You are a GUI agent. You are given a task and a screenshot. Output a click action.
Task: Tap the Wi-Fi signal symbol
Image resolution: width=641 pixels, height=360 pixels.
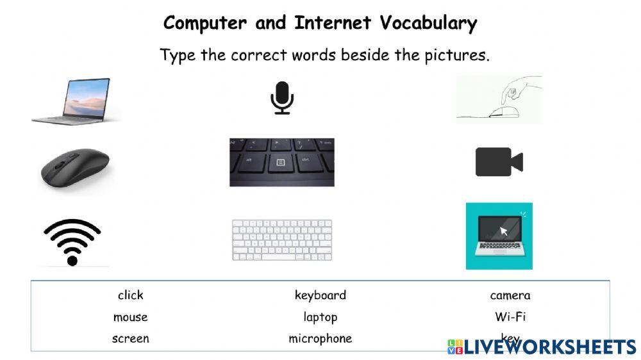click(72, 242)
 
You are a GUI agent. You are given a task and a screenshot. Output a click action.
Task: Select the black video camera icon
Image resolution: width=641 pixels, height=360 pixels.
click(499, 161)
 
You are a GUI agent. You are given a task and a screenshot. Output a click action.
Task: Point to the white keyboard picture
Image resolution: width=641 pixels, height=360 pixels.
click(281, 240)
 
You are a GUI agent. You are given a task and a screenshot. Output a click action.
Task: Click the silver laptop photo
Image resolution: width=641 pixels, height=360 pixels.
click(76, 101)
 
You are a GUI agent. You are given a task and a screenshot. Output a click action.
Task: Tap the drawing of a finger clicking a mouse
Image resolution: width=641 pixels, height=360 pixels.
click(499, 99)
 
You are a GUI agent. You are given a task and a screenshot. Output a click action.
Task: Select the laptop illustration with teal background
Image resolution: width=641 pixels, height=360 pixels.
click(499, 236)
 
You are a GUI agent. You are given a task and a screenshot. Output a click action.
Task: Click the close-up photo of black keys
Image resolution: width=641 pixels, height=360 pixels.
click(281, 162)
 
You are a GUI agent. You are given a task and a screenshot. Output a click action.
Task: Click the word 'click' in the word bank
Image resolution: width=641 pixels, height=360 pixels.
click(131, 295)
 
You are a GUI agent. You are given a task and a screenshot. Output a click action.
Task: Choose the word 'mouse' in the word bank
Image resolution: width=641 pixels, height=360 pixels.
click(130, 317)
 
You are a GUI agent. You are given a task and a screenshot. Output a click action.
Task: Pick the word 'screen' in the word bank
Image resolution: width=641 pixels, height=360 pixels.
click(130, 339)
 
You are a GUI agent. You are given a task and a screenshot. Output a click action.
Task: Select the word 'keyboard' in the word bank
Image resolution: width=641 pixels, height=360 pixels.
click(320, 295)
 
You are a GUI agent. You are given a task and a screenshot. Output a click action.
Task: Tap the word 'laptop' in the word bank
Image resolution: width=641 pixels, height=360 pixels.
click(320, 317)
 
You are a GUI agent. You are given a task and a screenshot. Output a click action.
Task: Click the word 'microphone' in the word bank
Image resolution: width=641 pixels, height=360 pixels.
click(320, 339)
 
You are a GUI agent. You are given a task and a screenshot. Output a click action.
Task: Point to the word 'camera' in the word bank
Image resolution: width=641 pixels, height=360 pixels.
click(510, 295)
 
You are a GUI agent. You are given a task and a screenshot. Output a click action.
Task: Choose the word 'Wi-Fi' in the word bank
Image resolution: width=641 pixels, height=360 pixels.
click(510, 317)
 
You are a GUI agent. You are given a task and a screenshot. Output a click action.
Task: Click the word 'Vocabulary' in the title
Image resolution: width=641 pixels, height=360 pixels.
click(428, 23)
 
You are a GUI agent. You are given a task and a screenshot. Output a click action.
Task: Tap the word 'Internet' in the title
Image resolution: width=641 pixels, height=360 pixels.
click(333, 23)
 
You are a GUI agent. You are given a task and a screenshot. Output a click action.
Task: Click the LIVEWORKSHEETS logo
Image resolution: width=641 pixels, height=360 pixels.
click(542, 347)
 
